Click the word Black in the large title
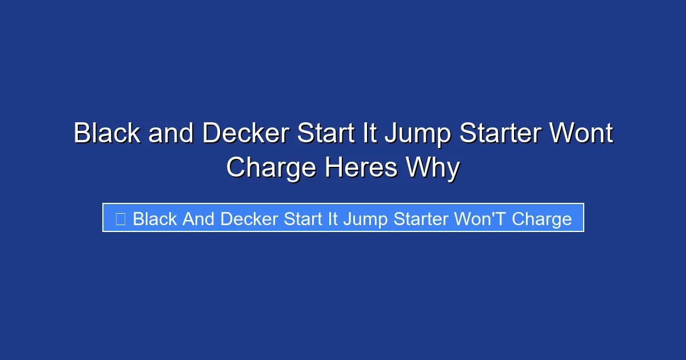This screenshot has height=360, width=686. [107, 134]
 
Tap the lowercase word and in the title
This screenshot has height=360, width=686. [171, 134]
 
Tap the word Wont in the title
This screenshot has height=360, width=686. [581, 134]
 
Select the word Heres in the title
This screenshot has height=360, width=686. [360, 168]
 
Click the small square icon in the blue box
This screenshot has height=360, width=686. [120, 218]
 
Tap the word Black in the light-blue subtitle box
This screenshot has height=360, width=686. [155, 218]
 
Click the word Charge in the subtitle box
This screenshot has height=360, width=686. [542, 219]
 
